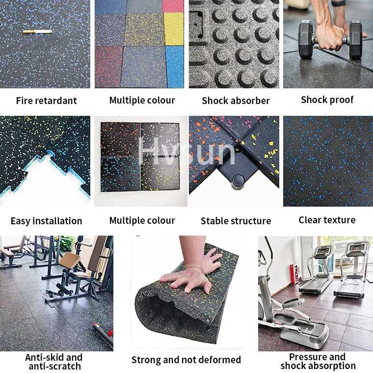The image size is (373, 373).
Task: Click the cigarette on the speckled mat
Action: [37, 31]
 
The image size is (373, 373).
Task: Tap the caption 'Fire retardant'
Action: [46, 101]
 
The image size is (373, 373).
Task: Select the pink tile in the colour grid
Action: [173, 6]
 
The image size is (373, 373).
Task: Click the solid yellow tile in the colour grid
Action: [173, 28]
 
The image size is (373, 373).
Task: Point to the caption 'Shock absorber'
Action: [236, 101]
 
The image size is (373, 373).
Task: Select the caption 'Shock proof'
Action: [327, 100]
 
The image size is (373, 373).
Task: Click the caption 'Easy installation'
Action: [46, 221]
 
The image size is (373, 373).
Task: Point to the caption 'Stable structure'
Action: [236, 221]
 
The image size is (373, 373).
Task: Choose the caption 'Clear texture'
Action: [327, 220]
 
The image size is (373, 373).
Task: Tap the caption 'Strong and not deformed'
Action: [186, 360]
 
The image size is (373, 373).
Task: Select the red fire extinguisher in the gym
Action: [294, 273]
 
